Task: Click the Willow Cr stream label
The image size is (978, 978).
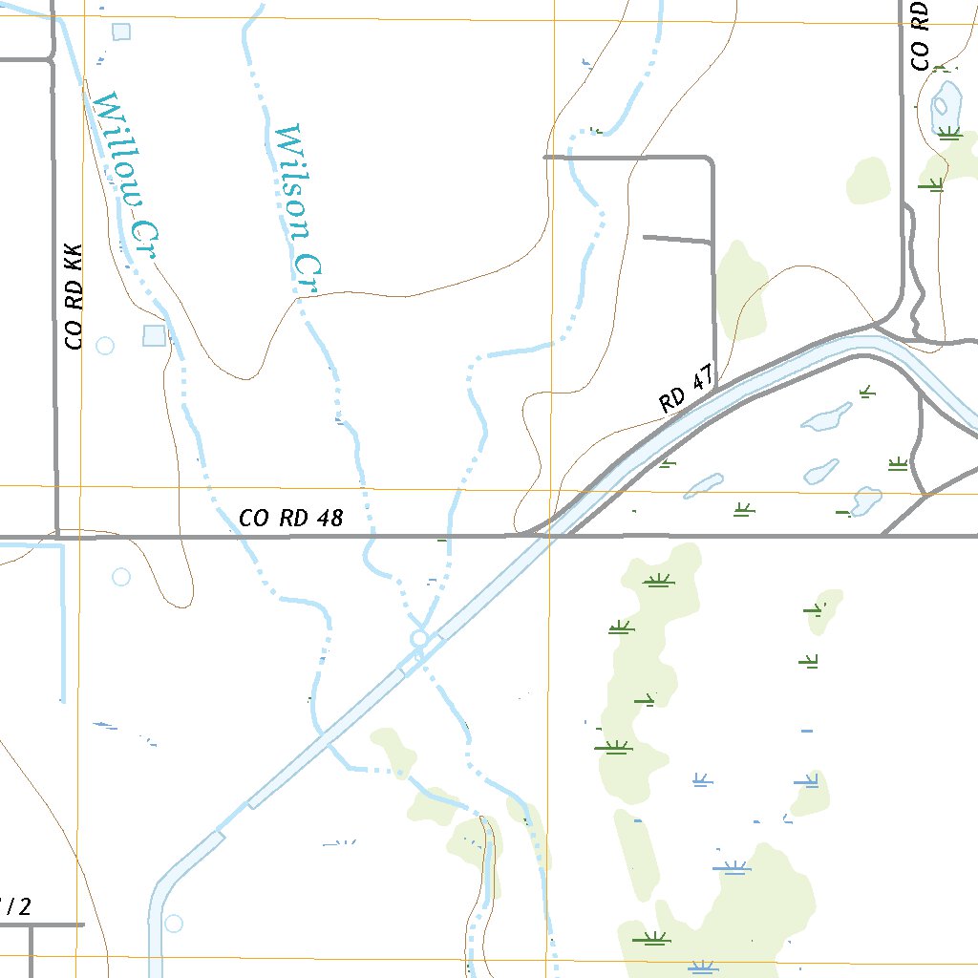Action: pyautogui.click(x=125, y=178)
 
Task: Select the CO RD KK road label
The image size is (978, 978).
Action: pyautogui.click(x=74, y=296)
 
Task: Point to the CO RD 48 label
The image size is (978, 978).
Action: pyautogui.click(x=290, y=519)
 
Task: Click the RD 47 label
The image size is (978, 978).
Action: pyautogui.click(x=687, y=393)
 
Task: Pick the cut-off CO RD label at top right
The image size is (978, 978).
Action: pyautogui.click(x=920, y=35)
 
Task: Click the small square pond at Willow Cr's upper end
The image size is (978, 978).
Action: pyautogui.click(x=121, y=32)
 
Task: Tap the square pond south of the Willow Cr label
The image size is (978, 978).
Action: pyautogui.click(x=154, y=335)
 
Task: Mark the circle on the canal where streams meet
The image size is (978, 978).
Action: pyautogui.click(x=418, y=637)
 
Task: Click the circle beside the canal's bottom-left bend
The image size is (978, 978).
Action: pyautogui.click(x=173, y=924)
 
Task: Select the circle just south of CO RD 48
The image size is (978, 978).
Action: pyautogui.click(x=121, y=577)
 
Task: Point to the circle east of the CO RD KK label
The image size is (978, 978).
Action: pyautogui.click(x=105, y=345)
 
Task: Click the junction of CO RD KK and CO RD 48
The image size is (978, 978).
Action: pyautogui.click(x=57, y=536)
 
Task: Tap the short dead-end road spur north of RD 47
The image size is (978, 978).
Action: pyautogui.click(x=678, y=237)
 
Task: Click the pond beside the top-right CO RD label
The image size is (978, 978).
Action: pyautogui.click(x=946, y=100)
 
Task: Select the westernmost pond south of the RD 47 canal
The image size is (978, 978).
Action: pyautogui.click(x=704, y=485)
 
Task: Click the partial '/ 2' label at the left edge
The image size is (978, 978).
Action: pyautogui.click(x=15, y=906)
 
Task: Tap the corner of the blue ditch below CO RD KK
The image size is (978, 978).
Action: pyautogui.click(x=63, y=546)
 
